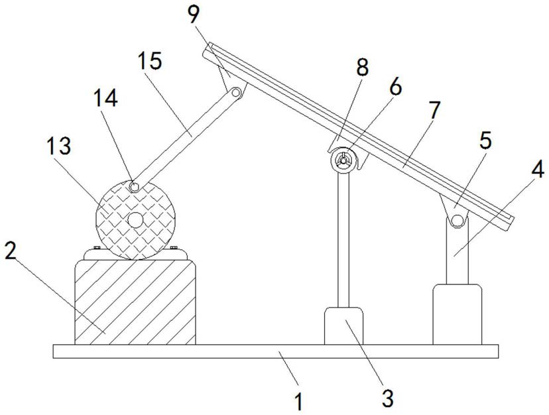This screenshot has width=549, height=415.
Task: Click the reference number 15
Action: tap(150, 61)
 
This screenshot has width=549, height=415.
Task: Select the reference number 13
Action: tap(59, 146)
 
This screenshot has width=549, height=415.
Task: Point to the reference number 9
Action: tap(194, 15)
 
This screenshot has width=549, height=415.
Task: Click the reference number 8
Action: tap(363, 67)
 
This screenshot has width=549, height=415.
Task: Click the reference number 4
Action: tap(538, 170)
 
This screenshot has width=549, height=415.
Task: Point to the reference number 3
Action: tap(388, 398)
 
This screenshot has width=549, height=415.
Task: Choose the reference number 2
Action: tap(10, 251)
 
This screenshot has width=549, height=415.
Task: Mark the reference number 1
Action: tap(298, 401)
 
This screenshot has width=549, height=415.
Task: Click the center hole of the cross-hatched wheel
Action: tap(135, 220)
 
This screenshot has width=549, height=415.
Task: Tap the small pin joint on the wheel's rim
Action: tap(134, 187)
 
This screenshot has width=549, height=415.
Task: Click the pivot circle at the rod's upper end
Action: tap(236, 93)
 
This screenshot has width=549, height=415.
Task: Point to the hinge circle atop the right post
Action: tap(457, 221)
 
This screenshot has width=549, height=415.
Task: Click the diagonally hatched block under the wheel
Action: tap(135, 302)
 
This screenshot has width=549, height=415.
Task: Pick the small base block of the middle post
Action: tap(344, 326)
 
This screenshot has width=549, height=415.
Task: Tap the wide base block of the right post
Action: tap(457, 314)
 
